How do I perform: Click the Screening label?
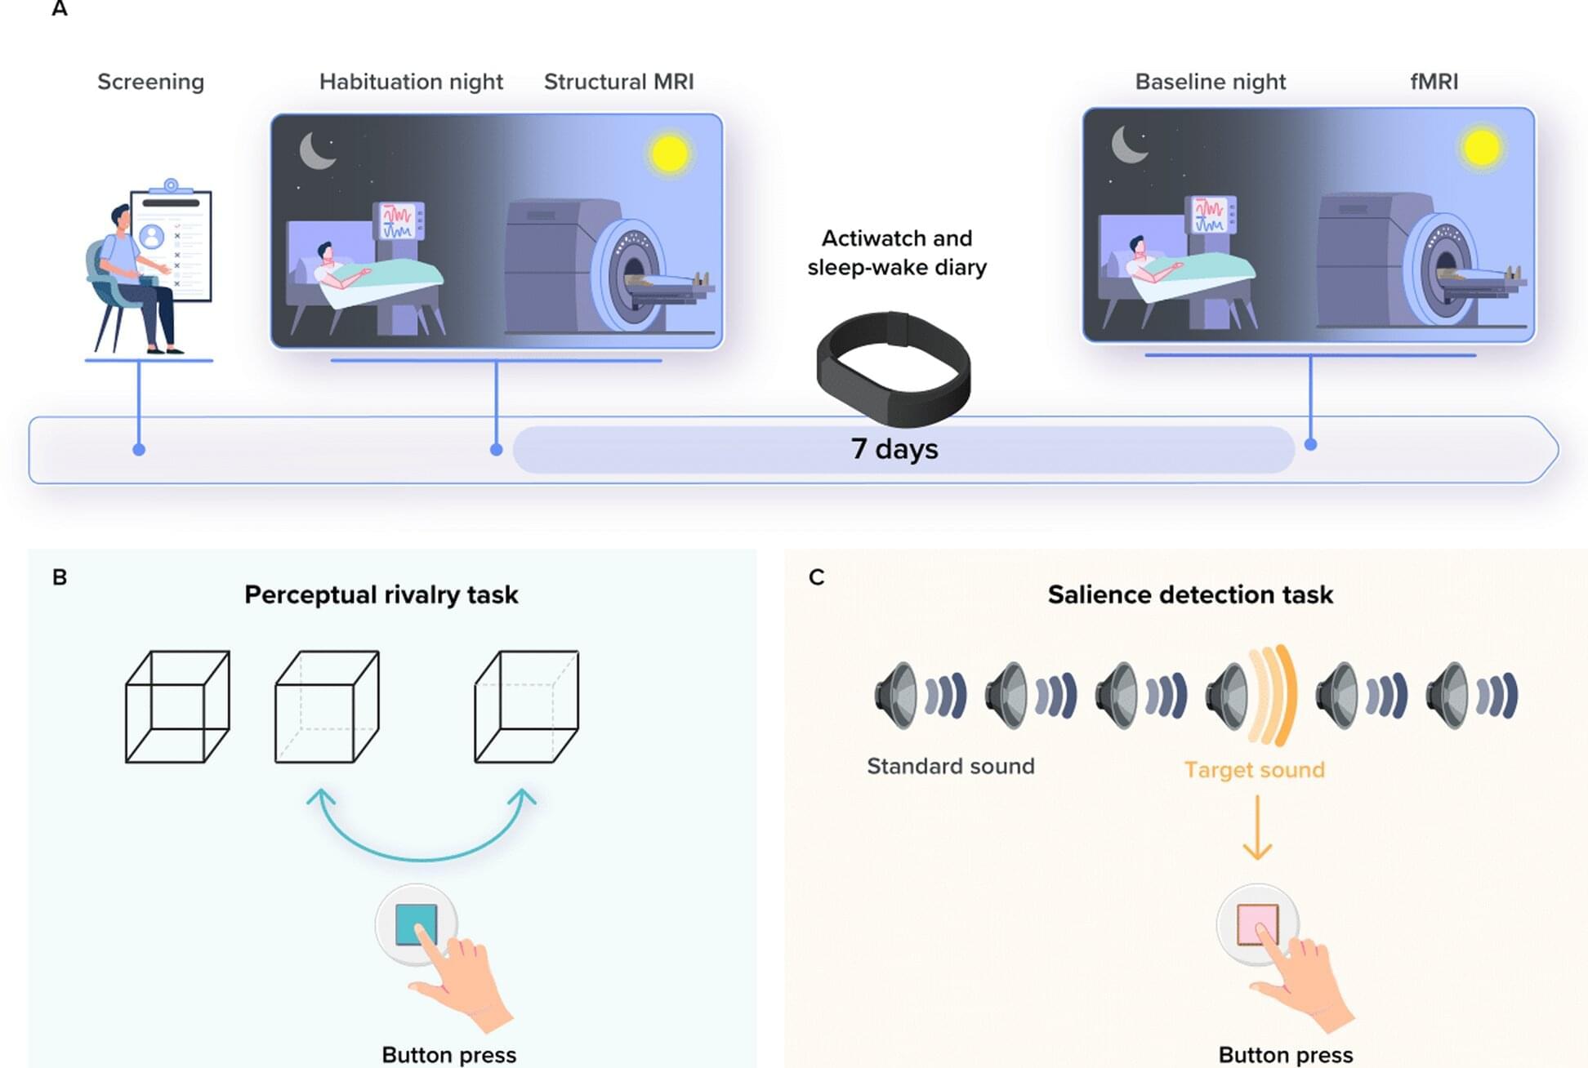tap(150, 82)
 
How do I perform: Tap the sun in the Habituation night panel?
tap(670, 154)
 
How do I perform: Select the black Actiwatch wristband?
tap(894, 367)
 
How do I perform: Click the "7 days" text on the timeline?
tap(894, 449)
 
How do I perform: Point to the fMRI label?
tap(1434, 82)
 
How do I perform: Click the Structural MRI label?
tap(618, 82)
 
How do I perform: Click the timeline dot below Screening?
tap(139, 450)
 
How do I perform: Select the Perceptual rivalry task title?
tap(381, 594)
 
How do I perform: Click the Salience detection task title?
tap(1190, 594)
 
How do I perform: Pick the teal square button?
tap(416, 924)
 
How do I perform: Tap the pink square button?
tap(1257, 924)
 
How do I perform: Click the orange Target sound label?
tap(1254, 770)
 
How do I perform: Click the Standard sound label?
tap(950, 766)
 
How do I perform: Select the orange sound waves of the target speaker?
tap(1274, 696)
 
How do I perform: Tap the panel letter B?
tap(60, 577)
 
